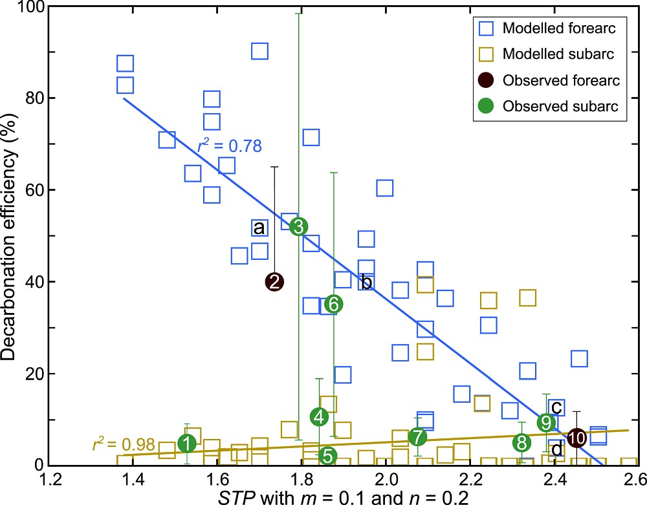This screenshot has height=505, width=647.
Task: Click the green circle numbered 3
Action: [299, 226]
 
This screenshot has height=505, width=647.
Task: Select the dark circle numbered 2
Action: [274, 281]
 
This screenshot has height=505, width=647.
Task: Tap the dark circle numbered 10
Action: [576, 437]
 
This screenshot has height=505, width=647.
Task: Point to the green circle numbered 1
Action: [187, 444]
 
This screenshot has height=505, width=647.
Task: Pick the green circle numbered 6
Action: [333, 304]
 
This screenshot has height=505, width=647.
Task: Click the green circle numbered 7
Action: [417, 437]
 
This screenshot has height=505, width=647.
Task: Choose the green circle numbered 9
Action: [547, 422]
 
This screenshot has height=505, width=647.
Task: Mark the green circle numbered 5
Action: [327, 456]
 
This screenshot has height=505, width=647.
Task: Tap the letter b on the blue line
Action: [366, 282]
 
